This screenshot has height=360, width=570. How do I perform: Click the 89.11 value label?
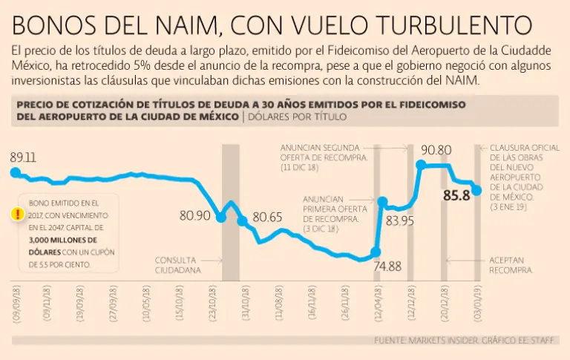[x=23, y=157]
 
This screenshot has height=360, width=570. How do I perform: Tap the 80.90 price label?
[x=194, y=216]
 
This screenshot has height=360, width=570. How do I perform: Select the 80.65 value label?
[x=267, y=217]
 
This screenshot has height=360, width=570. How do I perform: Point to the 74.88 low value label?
[x=387, y=266]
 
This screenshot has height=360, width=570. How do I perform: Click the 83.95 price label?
[x=399, y=220]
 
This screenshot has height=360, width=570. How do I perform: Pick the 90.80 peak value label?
[x=435, y=150]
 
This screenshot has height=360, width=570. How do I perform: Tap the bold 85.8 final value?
[x=456, y=196]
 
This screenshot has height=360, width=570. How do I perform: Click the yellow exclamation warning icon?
[x=17, y=215]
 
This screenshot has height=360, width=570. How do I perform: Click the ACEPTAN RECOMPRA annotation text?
[x=512, y=265]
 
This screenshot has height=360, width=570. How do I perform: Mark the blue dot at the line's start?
[x=14, y=172]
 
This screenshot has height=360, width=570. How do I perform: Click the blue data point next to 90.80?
[x=422, y=166]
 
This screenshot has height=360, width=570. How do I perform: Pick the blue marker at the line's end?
[x=476, y=191]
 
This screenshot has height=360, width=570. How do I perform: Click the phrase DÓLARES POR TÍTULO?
[x=297, y=117]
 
